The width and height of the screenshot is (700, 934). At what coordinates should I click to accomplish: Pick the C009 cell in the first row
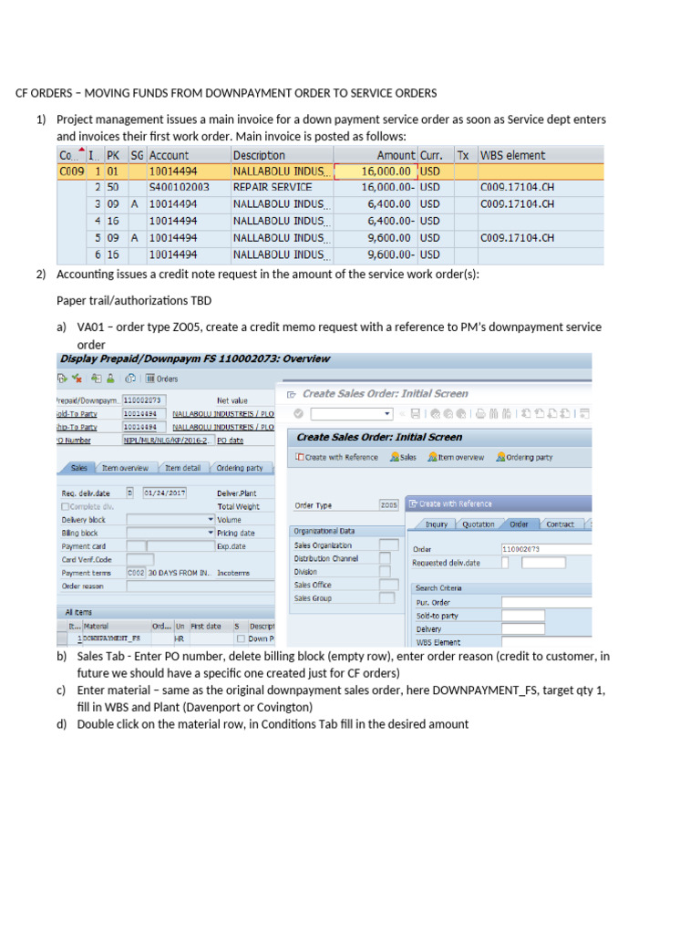tap(71, 171)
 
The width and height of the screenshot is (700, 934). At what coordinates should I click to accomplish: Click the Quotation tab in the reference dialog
tap(478, 524)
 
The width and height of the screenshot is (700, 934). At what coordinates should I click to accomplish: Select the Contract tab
tap(560, 524)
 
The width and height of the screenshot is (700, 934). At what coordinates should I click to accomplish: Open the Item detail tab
tap(182, 468)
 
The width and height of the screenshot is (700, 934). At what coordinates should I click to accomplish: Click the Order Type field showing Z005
tap(388, 504)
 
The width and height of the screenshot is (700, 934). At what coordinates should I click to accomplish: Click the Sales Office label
tap(313, 585)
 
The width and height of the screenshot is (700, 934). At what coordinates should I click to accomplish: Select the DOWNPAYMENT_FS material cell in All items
tap(113, 639)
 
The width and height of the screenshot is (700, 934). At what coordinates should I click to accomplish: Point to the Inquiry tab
tap(437, 524)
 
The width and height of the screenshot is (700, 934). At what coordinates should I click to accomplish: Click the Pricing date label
tap(236, 533)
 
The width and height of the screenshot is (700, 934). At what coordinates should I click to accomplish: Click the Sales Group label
tap(313, 598)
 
